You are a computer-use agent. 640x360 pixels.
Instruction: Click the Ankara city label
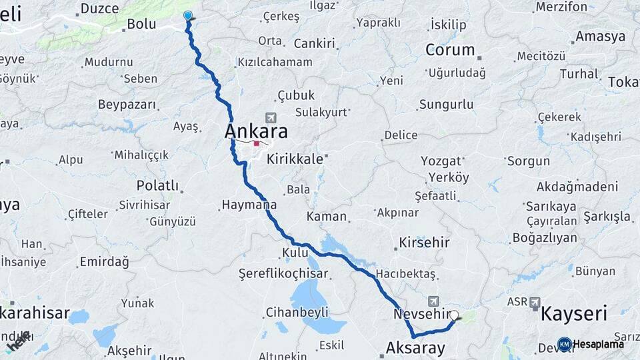256,131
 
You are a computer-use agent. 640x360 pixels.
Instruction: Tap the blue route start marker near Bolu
188,16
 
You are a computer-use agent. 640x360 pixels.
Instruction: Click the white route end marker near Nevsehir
454,316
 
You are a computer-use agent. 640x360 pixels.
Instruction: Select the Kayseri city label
573,313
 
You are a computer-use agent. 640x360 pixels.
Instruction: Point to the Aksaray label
415,347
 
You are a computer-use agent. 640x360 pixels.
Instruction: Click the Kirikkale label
295,159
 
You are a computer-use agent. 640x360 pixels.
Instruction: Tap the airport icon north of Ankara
270,117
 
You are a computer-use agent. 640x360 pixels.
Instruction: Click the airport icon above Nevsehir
435,301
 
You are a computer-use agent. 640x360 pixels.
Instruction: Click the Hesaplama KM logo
565,344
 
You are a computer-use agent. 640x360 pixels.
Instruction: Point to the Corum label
450,50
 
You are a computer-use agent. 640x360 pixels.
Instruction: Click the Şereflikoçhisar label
283,274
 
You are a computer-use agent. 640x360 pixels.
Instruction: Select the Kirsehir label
424,243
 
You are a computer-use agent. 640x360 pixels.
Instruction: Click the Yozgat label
441,161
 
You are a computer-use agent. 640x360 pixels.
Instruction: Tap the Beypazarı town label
127,105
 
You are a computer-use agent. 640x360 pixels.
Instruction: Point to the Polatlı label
158,185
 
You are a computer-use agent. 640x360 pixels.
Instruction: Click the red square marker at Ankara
257,143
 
